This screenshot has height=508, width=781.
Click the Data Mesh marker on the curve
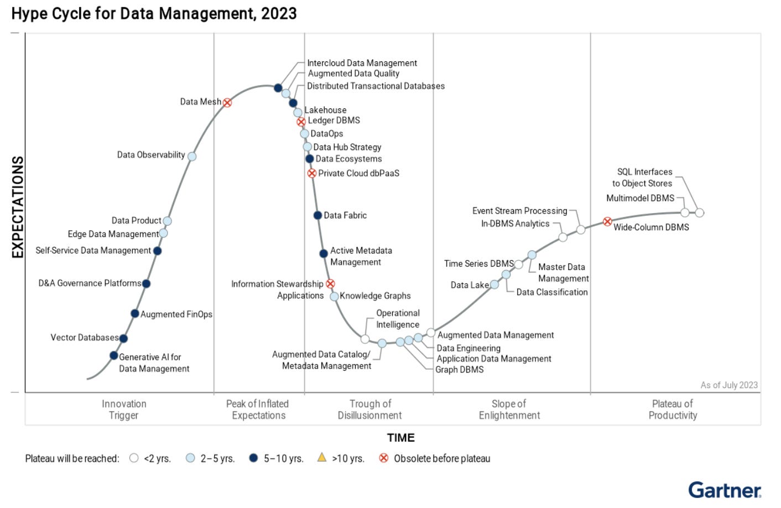[227, 102]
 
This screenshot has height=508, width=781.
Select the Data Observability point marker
[192, 156]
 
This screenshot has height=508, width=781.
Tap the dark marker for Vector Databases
[123, 338]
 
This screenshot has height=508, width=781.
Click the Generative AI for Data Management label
[154, 363]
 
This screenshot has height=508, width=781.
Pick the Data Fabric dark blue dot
[317, 215]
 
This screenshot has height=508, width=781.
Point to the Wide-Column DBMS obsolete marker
[607, 221]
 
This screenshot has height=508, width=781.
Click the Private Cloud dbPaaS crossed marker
[312, 173]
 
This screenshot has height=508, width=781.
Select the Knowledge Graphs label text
[375, 296]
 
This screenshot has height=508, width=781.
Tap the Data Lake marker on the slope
[494, 284]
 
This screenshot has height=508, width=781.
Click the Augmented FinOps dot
[134, 314]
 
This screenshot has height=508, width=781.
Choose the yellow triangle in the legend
[322, 457]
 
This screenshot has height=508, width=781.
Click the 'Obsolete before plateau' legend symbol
[383, 458]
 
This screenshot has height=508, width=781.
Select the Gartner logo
[725, 490]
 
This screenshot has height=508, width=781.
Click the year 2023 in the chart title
[279, 13]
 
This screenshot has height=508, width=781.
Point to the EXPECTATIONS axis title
[18, 207]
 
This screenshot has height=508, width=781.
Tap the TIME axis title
[400, 438]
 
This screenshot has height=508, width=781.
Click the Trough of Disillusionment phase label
[369, 409]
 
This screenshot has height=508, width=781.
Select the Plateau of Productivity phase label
[672, 409]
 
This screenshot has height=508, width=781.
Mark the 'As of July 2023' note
[729, 385]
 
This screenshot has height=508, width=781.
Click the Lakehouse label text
[326, 110]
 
